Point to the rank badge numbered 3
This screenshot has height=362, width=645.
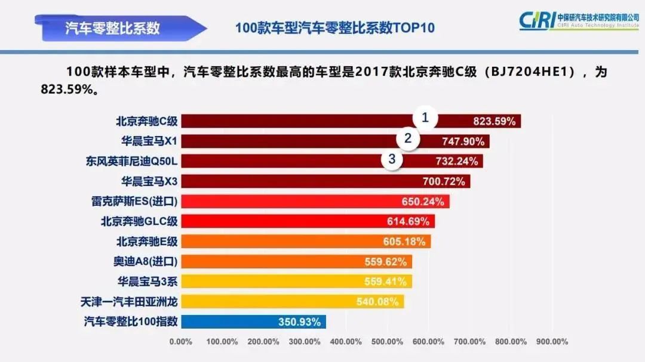[392, 159]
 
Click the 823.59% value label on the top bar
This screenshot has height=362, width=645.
[494, 122]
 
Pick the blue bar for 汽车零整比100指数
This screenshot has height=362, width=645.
[253, 322]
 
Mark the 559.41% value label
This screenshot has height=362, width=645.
[385, 281]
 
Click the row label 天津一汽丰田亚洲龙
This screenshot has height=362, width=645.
[129, 302]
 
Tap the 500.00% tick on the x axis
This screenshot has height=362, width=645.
[386, 342]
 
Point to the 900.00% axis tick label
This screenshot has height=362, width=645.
[551, 342]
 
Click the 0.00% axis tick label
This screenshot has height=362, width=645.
[181, 342]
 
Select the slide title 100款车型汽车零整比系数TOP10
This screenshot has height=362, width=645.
[334, 28]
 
